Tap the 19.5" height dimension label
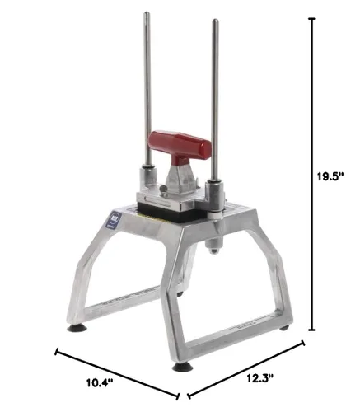330,176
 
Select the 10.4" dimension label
100,382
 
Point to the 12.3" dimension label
259,378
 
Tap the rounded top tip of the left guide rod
147,13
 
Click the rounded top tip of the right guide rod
216,21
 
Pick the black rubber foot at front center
182,367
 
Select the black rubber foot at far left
77,328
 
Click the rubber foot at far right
284,327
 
